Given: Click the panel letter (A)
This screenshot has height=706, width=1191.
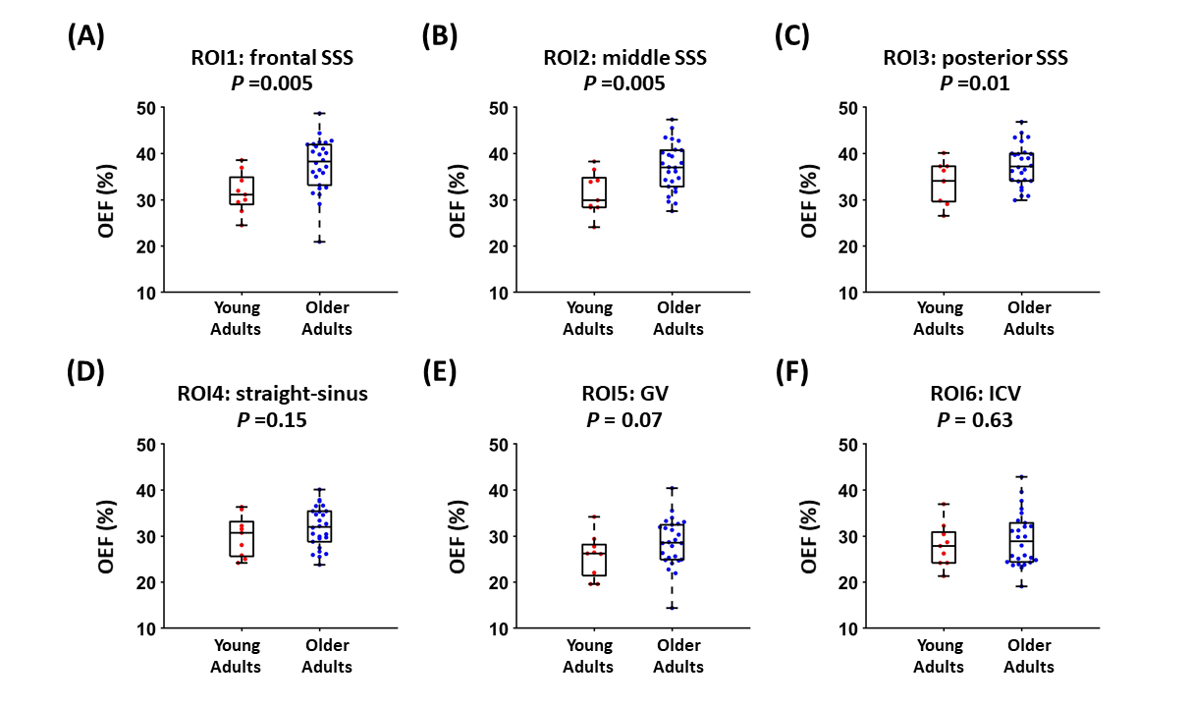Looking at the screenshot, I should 85,36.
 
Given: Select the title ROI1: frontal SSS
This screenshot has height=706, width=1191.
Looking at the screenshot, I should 272,59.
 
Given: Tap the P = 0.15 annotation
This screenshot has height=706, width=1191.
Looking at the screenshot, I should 272,420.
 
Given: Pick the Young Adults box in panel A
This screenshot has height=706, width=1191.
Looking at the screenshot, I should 242,190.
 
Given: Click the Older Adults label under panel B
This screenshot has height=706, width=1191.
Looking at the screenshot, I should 678,318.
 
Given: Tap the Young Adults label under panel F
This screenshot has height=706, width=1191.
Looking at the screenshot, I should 939,655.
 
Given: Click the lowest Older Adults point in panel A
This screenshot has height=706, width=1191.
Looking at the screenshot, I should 319,242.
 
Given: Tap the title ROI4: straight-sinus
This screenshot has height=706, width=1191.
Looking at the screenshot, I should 272,396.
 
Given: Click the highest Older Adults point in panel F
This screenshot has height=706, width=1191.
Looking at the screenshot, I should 1022,477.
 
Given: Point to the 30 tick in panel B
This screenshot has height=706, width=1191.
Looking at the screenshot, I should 499,200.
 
